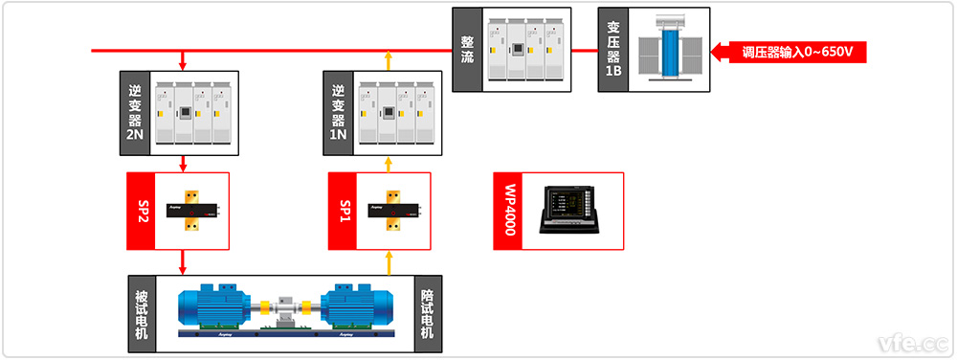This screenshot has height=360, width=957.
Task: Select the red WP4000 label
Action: tap(508, 212)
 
